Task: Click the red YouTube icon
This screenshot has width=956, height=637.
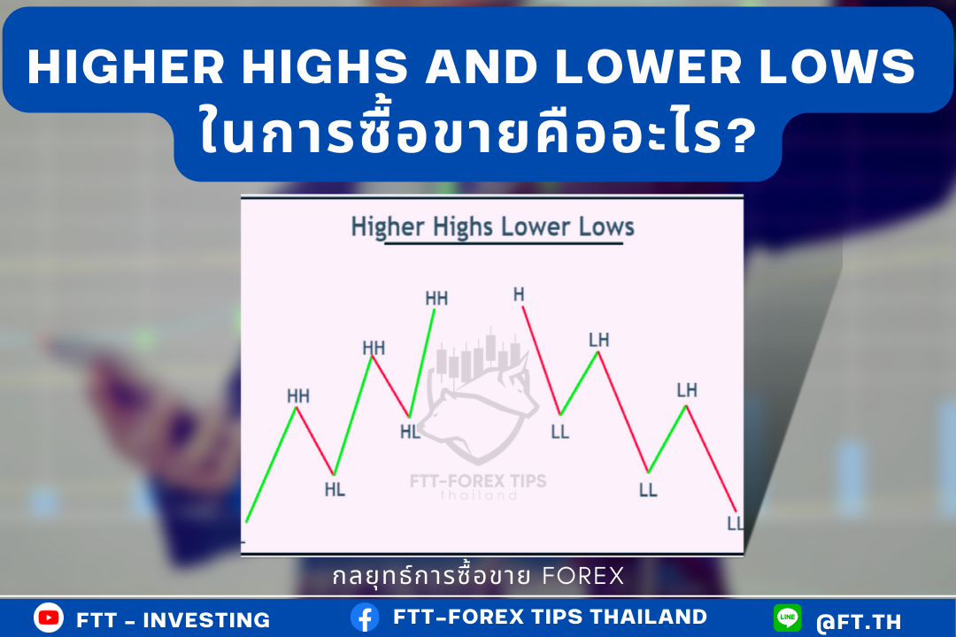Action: point(49,618)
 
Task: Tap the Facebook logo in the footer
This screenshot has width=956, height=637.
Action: point(365,618)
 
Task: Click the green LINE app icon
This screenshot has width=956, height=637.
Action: point(787,618)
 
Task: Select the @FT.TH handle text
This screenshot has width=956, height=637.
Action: point(859,622)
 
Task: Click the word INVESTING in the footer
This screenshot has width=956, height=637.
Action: point(206,620)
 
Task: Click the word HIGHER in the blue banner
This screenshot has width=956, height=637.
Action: point(127,66)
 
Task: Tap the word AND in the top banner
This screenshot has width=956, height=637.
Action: point(482,66)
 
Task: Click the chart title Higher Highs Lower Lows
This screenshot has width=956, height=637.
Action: point(493,226)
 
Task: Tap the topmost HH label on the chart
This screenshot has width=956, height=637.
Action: point(436,298)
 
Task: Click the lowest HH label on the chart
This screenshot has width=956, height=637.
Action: point(298,396)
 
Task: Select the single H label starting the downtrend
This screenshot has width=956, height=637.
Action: point(519,295)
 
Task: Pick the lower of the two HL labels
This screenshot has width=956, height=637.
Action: point(335,489)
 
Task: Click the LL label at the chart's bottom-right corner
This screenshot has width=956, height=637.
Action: point(736,524)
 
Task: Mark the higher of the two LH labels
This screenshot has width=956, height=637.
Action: point(598,340)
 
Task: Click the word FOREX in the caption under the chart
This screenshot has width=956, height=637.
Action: point(582,576)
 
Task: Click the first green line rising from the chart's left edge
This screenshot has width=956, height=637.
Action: point(271,465)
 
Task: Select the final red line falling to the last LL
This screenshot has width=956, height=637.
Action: point(712,459)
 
